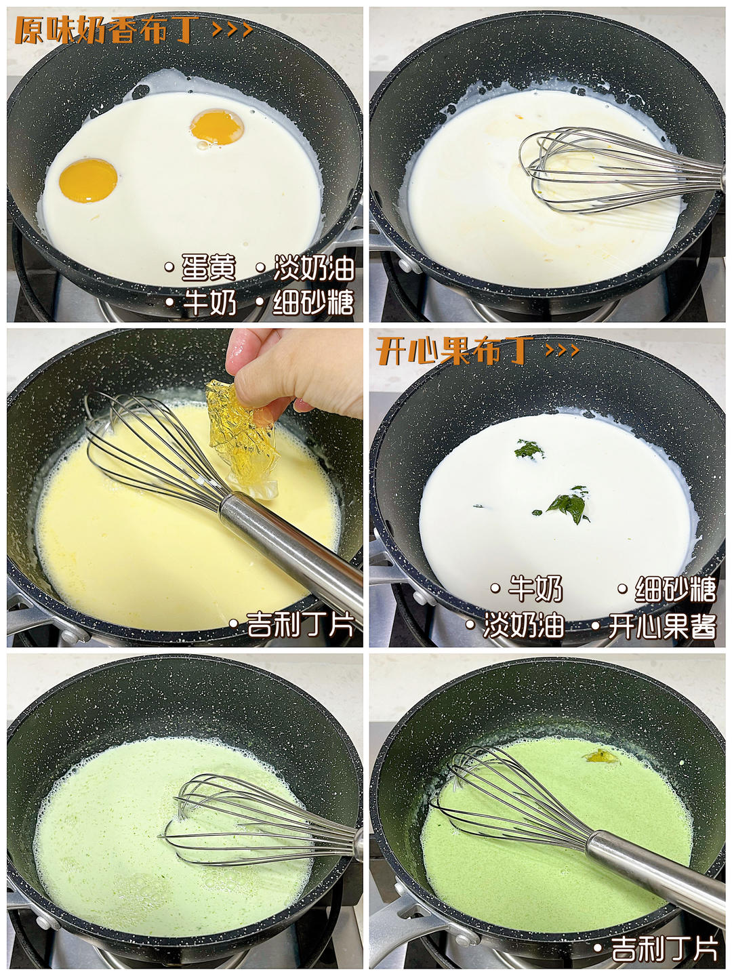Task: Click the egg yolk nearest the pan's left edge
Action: coord(88,180)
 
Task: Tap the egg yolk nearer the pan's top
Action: coord(218,127)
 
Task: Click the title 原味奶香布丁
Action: coord(106,30)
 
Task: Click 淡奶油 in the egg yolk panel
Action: coord(314,268)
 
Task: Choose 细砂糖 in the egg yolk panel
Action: coord(313,302)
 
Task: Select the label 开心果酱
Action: coord(662,626)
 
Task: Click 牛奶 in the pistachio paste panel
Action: coord(535,589)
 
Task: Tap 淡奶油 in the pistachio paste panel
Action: coord(523,626)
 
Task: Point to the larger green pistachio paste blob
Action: coord(569,506)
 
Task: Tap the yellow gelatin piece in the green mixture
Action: coord(601,755)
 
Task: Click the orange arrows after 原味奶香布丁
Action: coord(232,30)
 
